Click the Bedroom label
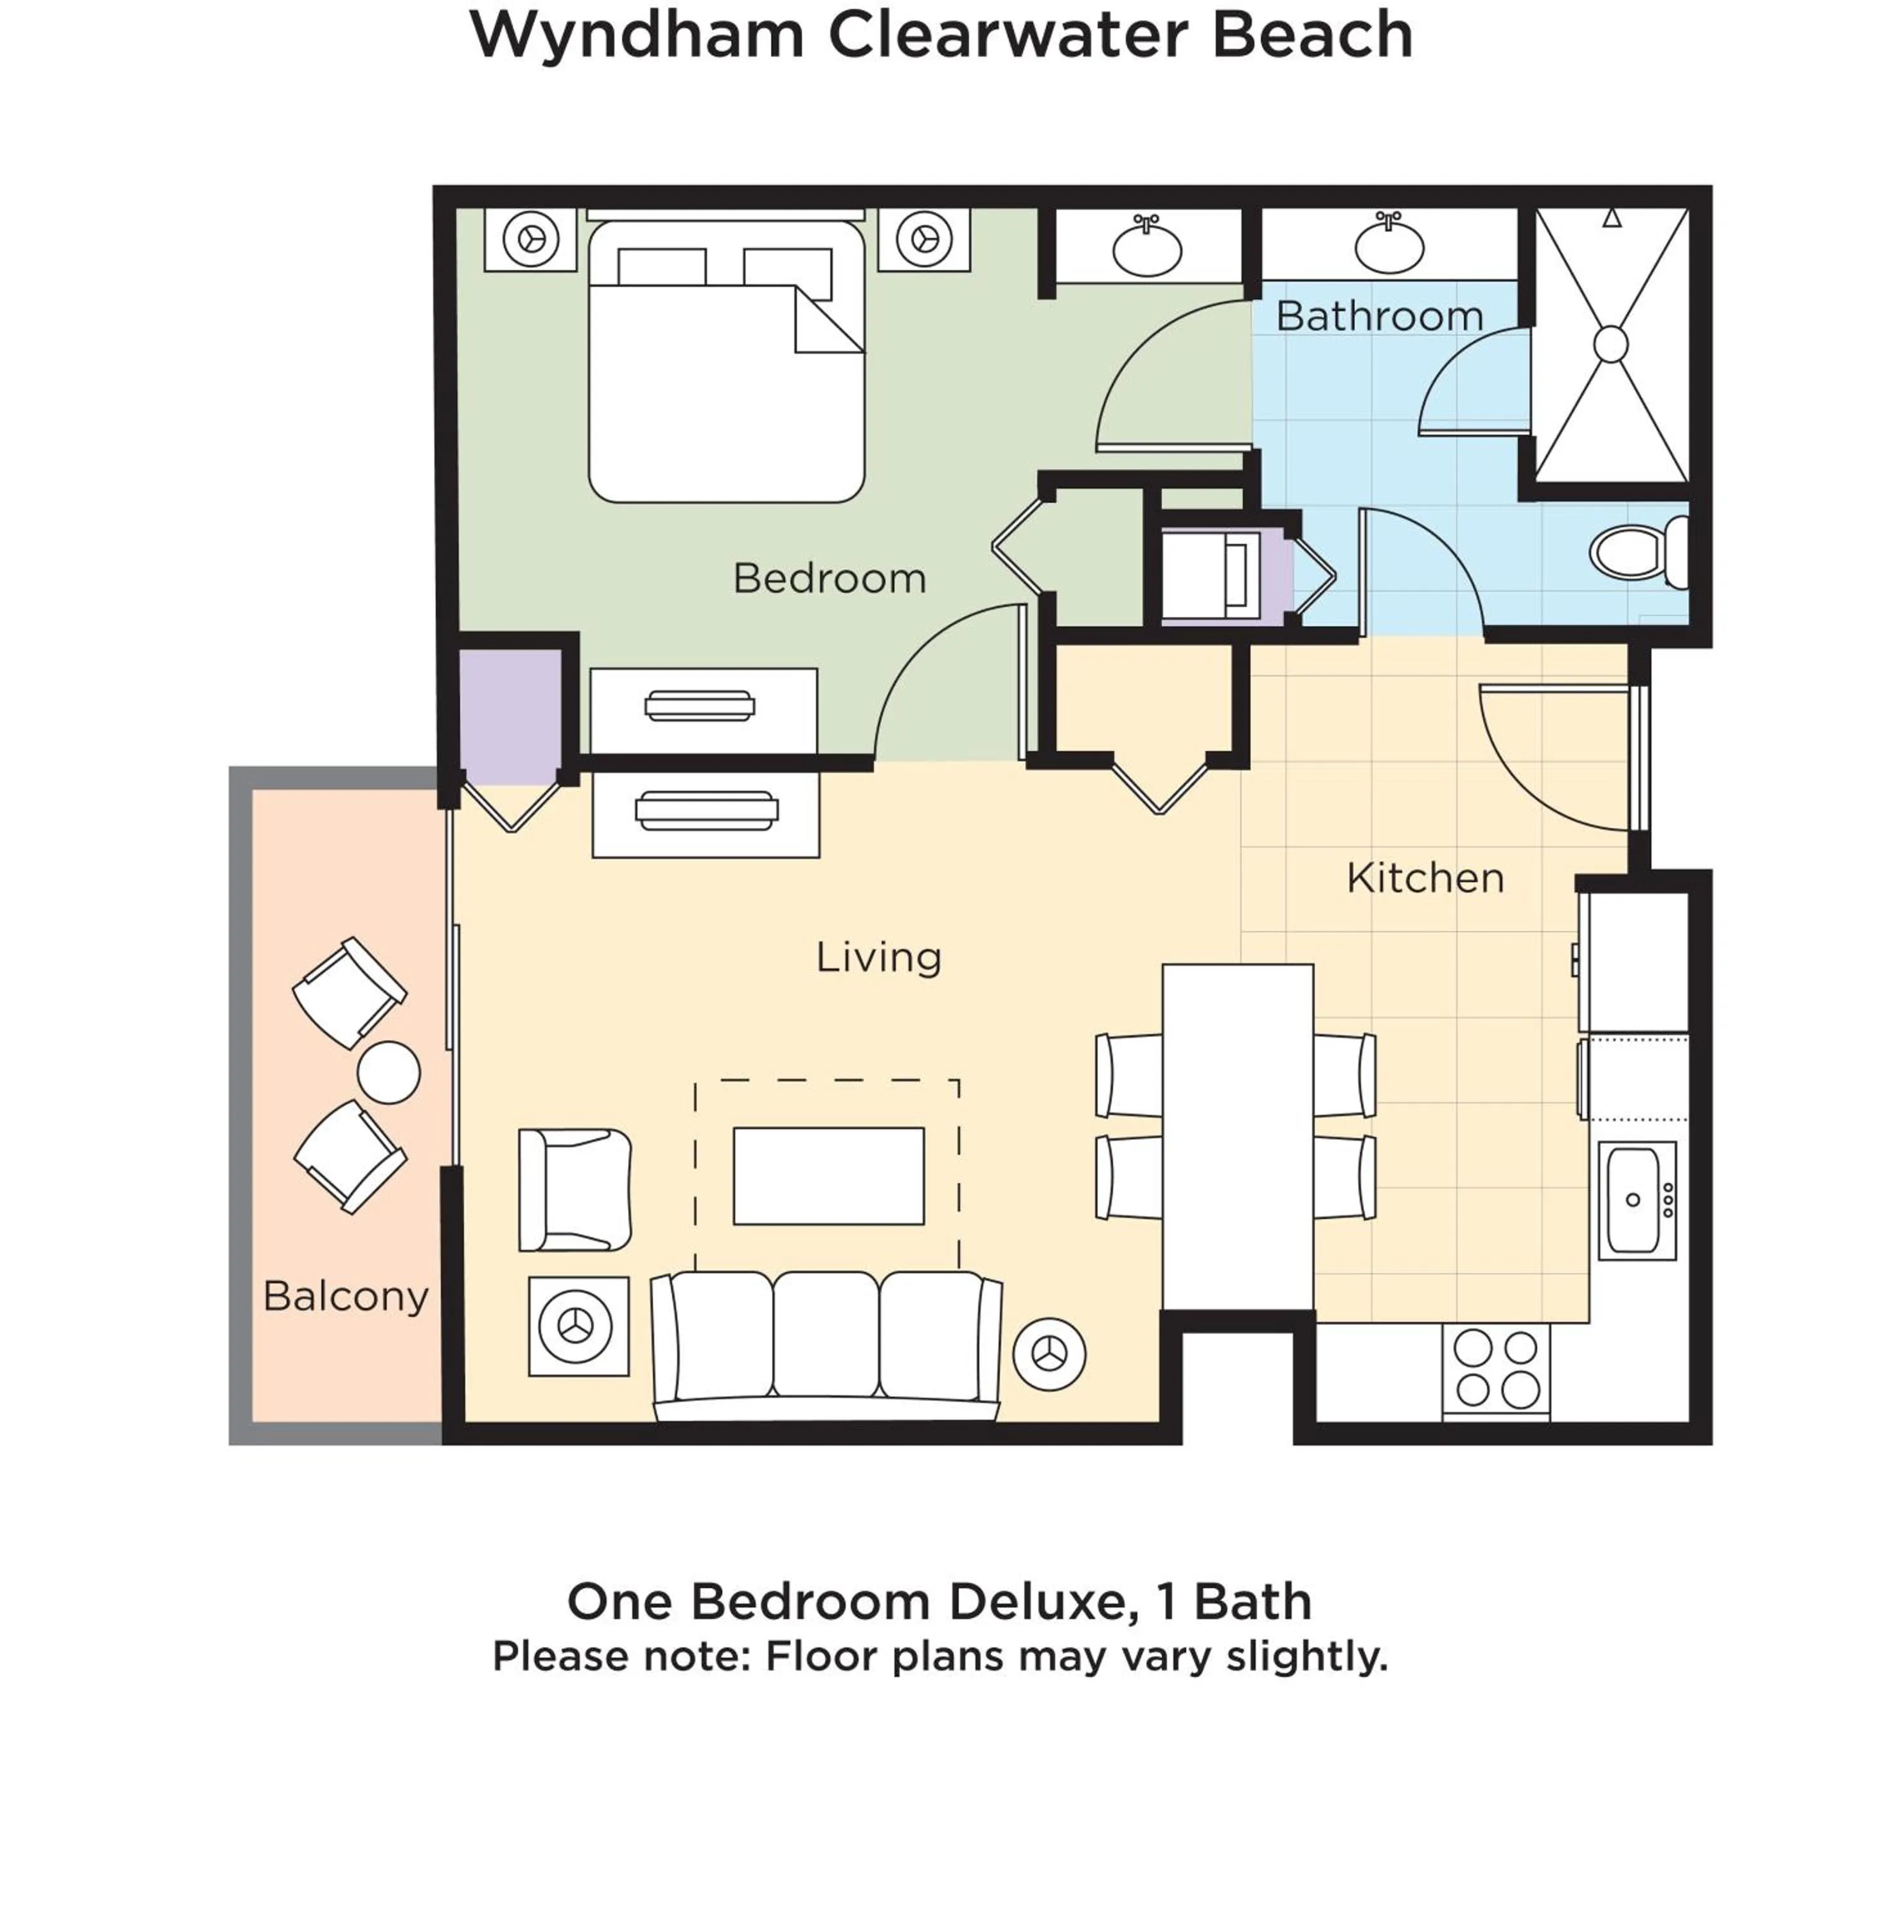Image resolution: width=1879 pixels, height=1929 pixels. coord(829,579)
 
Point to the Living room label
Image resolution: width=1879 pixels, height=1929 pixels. coord(878,957)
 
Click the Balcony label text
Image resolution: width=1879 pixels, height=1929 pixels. coord(346,1295)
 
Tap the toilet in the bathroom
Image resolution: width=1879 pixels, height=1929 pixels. coord(1638,551)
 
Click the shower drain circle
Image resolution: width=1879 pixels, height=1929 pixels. coord(1610,343)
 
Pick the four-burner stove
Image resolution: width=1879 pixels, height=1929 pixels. coord(1496,1369)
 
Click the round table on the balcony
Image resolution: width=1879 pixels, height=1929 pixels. coord(389,1072)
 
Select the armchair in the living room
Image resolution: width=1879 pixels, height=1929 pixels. coord(574,1190)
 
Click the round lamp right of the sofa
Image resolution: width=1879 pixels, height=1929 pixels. coord(1049,1354)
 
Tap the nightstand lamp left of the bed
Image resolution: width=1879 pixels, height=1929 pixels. coord(531,239)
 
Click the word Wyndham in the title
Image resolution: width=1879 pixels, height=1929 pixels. coord(637,35)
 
